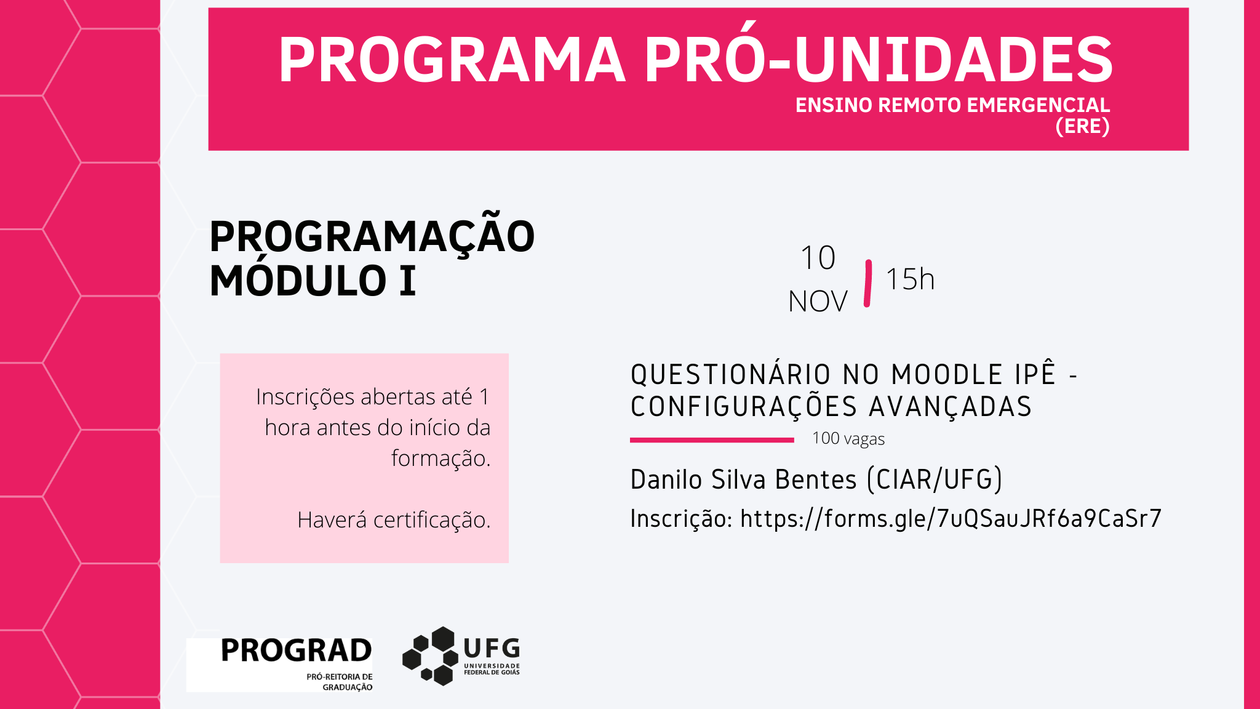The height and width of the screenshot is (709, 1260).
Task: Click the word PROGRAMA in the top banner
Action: (x=452, y=60)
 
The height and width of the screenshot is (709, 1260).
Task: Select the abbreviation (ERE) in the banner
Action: (x=1082, y=126)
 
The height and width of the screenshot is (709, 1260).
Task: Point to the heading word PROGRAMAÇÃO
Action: (x=372, y=237)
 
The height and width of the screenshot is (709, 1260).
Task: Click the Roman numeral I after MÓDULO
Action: (x=407, y=281)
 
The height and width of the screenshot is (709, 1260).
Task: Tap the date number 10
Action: (x=818, y=258)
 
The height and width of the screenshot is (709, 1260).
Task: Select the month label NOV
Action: (x=818, y=302)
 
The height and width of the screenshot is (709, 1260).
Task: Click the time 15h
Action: (x=910, y=279)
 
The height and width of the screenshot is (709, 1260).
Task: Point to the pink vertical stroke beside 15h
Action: (x=867, y=283)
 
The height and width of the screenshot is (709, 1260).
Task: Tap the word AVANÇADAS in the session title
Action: (x=950, y=407)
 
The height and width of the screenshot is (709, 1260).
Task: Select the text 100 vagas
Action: (x=848, y=439)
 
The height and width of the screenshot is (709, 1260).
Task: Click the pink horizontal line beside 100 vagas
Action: (x=712, y=440)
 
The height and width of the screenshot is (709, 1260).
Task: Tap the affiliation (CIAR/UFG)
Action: (x=935, y=479)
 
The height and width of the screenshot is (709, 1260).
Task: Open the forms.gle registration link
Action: (x=951, y=518)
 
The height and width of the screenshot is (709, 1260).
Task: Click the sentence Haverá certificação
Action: (x=394, y=520)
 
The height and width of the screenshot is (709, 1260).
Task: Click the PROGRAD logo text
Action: (x=296, y=651)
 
